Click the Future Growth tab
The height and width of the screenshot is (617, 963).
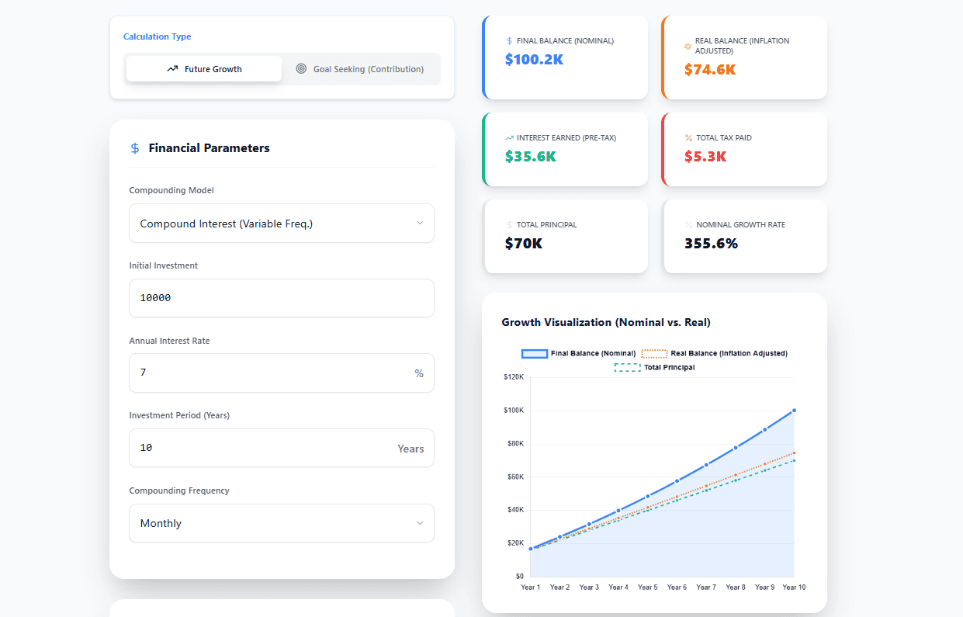(204, 69)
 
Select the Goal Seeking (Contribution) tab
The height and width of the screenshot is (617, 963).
(360, 69)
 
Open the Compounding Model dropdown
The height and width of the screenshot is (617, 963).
(281, 224)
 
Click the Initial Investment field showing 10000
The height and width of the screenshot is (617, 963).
(281, 298)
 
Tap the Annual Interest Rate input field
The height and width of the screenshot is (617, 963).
(272, 373)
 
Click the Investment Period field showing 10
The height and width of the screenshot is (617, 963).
(264, 448)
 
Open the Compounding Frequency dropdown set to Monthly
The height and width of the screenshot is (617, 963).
(281, 523)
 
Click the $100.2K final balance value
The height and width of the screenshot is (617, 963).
(534, 59)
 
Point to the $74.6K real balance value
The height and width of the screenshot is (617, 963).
(709, 69)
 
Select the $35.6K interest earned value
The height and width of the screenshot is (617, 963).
(530, 156)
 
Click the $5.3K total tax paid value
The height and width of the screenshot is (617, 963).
(705, 156)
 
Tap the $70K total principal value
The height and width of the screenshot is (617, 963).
(523, 243)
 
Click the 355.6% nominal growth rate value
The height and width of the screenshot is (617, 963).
(711, 243)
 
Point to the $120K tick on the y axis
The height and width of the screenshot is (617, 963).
(514, 377)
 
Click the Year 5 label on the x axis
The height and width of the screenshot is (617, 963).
(647, 588)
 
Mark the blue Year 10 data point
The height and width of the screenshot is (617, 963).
(794, 410)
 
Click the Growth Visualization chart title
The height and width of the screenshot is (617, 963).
(606, 322)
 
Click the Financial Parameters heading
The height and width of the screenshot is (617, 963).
(209, 148)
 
